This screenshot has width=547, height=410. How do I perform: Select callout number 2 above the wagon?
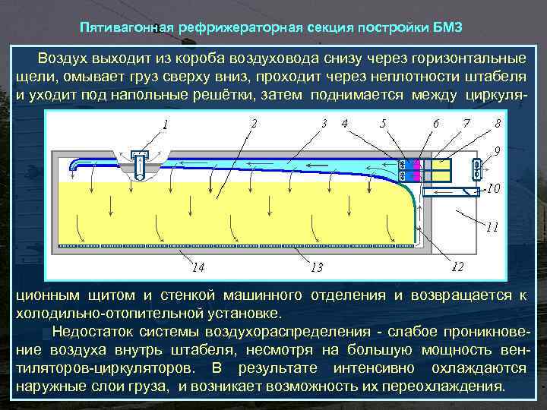[x=253, y=121]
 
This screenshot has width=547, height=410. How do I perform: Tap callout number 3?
[x=324, y=122]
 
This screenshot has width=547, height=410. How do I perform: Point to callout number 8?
[x=497, y=122]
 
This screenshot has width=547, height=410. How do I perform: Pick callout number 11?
[x=492, y=226]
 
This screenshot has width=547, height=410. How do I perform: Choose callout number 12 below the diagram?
[x=458, y=266]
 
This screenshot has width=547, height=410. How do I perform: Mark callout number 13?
[x=317, y=267]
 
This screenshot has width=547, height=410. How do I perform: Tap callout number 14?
[x=198, y=267]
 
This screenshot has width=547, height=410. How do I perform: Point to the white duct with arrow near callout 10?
[x=448, y=194]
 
